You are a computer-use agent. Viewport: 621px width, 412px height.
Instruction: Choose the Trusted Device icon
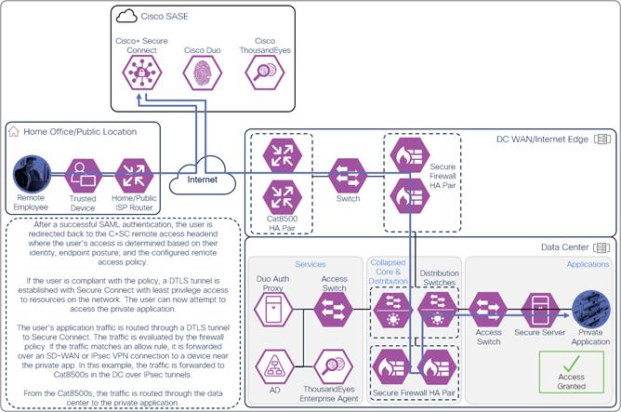click(84, 174)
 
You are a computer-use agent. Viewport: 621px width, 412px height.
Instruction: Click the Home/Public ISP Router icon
click(136, 174)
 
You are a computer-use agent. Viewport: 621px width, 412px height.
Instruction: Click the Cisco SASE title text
click(164, 16)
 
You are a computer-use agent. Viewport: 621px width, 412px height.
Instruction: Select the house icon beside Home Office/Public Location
click(13, 132)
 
